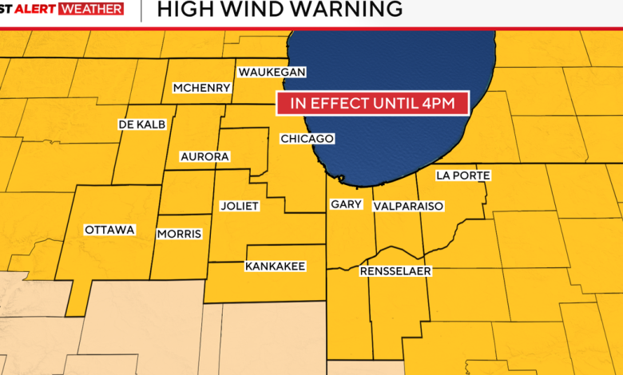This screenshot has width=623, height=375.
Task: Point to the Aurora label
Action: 205,156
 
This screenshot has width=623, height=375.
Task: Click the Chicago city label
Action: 307,139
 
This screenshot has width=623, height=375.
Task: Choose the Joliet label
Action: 240,206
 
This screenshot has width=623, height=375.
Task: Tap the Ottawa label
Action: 109,230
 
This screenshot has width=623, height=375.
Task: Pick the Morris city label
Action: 180,234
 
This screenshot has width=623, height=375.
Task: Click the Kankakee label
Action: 275,266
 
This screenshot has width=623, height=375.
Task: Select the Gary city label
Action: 347,204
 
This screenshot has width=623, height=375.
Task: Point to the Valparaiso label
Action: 408,206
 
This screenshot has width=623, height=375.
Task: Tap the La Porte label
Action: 463,176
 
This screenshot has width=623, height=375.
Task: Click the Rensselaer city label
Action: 395,271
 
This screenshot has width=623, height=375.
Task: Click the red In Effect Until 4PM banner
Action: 371,103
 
